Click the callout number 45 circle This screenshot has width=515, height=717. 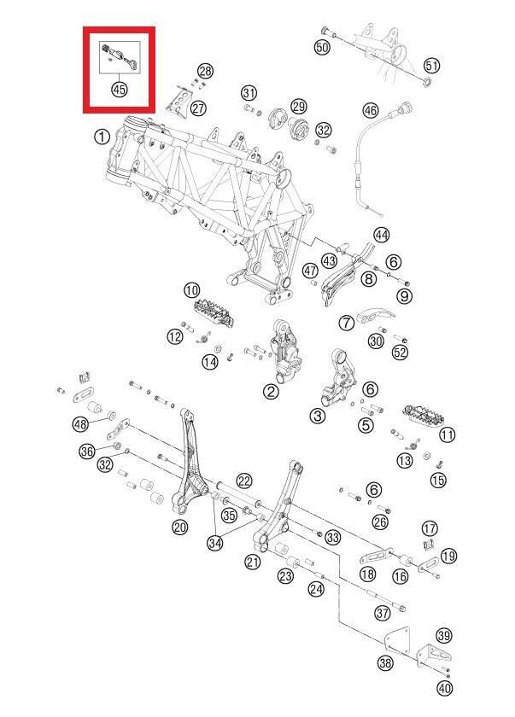[x=119, y=89]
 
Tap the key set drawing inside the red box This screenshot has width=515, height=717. [x=119, y=56]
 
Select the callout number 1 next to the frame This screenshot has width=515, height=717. [x=102, y=136]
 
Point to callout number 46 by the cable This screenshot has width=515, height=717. [x=370, y=111]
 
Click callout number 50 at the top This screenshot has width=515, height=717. [x=322, y=47]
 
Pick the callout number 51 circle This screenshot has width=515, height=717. [x=432, y=66]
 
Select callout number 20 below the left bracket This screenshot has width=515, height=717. [x=179, y=527]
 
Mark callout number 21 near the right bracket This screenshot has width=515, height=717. [x=253, y=561]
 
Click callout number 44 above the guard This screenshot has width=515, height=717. [x=381, y=235]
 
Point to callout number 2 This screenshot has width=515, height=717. [x=271, y=392]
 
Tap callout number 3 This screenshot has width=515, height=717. [x=318, y=416]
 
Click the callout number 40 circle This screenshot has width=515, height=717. [x=443, y=689]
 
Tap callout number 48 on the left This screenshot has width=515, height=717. [x=81, y=424]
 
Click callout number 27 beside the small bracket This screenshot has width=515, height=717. [x=198, y=108]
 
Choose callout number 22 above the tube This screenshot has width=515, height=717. [x=244, y=481]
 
